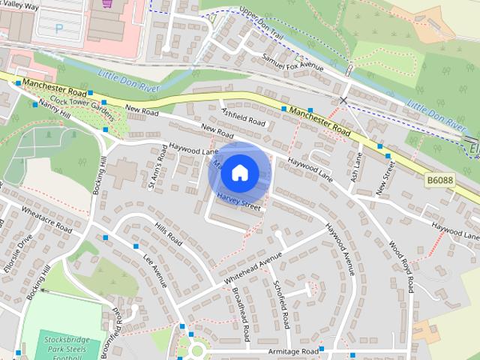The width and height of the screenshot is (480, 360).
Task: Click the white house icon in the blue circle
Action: click(x=238, y=172)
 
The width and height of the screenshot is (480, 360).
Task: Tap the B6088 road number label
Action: click(x=442, y=181)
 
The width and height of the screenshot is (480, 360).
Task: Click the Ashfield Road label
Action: click(x=244, y=116)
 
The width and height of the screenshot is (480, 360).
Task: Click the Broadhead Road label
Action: click(x=241, y=307)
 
